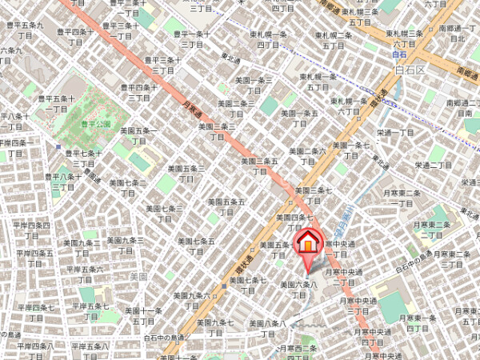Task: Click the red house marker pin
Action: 308,242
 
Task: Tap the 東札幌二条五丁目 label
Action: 334,40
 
